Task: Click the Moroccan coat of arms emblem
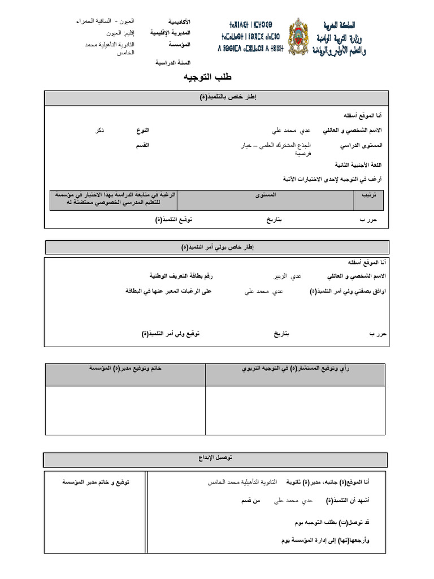(298, 37)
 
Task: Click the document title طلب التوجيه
(208, 76)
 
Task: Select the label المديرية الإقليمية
(171, 33)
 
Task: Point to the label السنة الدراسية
(173, 63)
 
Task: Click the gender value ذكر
(99, 131)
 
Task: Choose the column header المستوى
(266, 195)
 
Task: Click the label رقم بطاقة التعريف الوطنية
(181, 276)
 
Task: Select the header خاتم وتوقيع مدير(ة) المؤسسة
(125, 369)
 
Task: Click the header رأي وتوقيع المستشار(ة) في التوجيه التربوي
(296, 369)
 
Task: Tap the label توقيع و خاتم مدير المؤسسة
(96, 482)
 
